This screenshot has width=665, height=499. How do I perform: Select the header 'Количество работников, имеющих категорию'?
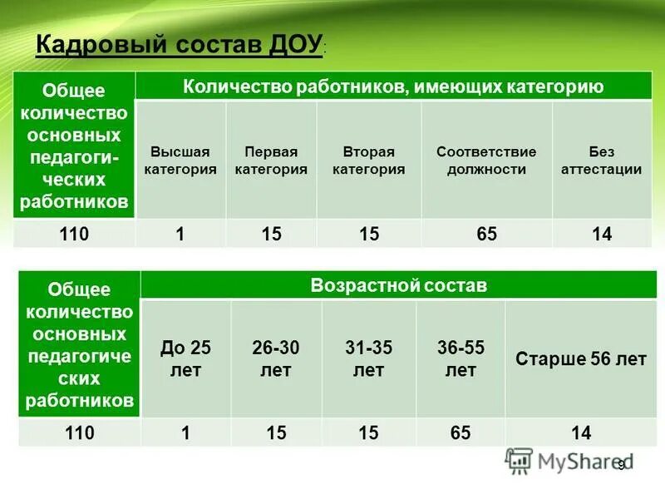click(393, 86)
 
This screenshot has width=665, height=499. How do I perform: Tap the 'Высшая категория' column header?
click(180, 161)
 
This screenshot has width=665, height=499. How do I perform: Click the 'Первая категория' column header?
click(271, 161)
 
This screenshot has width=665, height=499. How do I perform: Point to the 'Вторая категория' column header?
click(368, 161)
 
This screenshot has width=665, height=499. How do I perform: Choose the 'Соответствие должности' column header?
click(486, 161)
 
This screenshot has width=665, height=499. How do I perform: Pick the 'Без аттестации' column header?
click(601, 161)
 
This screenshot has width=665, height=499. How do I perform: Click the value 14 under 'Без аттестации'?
click(602, 234)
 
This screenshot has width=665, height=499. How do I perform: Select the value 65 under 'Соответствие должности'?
click(487, 234)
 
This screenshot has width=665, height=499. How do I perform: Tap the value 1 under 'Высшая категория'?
click(180, 234)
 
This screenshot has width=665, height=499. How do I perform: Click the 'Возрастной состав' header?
click(398, 285)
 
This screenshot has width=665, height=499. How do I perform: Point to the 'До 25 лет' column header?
click(185, 358)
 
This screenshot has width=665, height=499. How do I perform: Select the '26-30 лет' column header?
click(276, 358)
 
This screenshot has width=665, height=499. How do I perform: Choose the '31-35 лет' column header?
click(368, 358)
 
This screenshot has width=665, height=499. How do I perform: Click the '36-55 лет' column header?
click(461, 358)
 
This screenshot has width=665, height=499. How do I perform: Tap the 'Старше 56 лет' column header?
click(580, 359)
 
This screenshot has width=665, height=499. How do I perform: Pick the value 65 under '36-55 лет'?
click(461, 432)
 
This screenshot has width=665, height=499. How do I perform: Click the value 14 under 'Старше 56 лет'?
click(581, 432)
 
